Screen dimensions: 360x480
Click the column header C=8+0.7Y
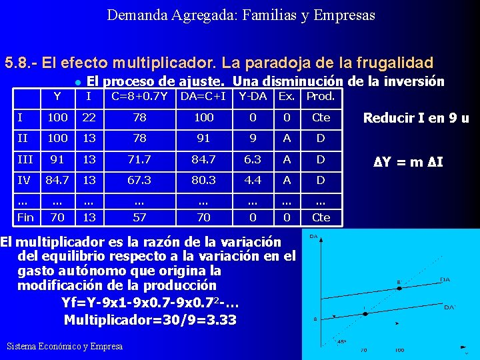coord(139,97)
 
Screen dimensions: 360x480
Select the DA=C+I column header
coord(203,97)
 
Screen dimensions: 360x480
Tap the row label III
coord(25,159)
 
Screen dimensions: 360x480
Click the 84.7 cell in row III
coord(203,160)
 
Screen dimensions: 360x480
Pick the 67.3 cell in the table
coord(139,180)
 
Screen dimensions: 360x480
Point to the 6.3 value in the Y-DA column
coord(253,160)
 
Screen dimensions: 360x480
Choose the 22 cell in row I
coord(89,117)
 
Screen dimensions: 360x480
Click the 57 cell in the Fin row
coord(139,217)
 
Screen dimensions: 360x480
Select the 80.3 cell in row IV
coord(203,180)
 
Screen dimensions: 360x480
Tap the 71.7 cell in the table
coord(139,160)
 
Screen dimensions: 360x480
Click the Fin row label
coord(25,217)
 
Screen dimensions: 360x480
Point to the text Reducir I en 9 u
coord(415,119)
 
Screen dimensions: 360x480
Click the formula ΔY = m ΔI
coord(409,162)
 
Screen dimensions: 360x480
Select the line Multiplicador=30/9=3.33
coord(150,319)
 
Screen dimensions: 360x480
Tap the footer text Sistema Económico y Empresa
coord(64,346)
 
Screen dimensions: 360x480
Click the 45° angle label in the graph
coord(341,341)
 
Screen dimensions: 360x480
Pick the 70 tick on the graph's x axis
coord(363,349)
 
